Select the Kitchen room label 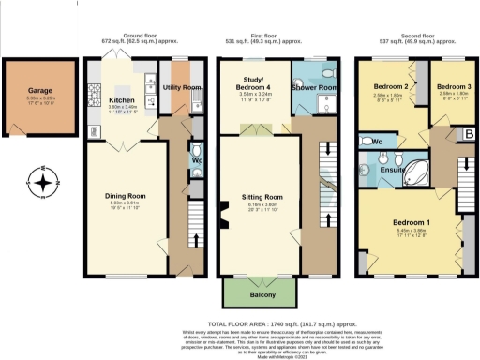click(124, 98)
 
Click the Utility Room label click(181, 86)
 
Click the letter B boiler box click(469, 135)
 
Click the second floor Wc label click(375, 142)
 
